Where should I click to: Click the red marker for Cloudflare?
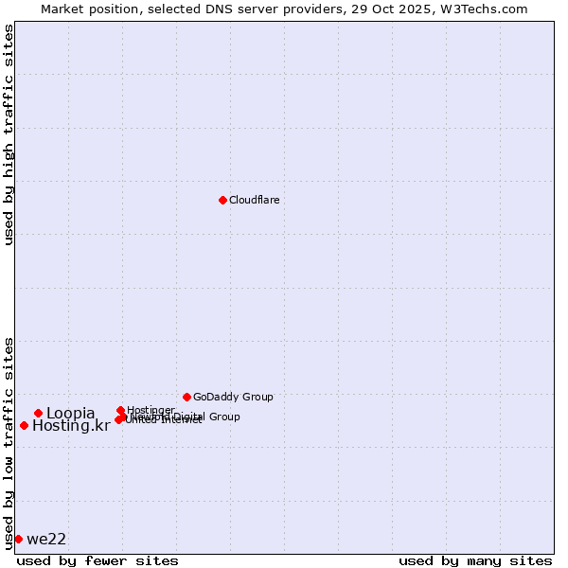222,200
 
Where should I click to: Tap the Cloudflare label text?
254,200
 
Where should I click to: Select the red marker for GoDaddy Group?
186,397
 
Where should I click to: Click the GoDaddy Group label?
233,397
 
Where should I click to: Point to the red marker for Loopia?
38,413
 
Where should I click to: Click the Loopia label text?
70,413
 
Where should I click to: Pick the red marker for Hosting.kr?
24,425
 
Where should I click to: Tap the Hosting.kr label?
70,426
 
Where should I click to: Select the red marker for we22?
18,539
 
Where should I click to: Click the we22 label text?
46,540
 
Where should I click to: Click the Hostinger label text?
151,410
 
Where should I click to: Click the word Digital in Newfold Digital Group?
188,417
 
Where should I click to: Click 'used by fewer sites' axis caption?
98,560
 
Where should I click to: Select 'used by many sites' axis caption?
475,560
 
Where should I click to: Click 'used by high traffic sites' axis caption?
9,134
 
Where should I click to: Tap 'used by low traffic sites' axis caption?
9,442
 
